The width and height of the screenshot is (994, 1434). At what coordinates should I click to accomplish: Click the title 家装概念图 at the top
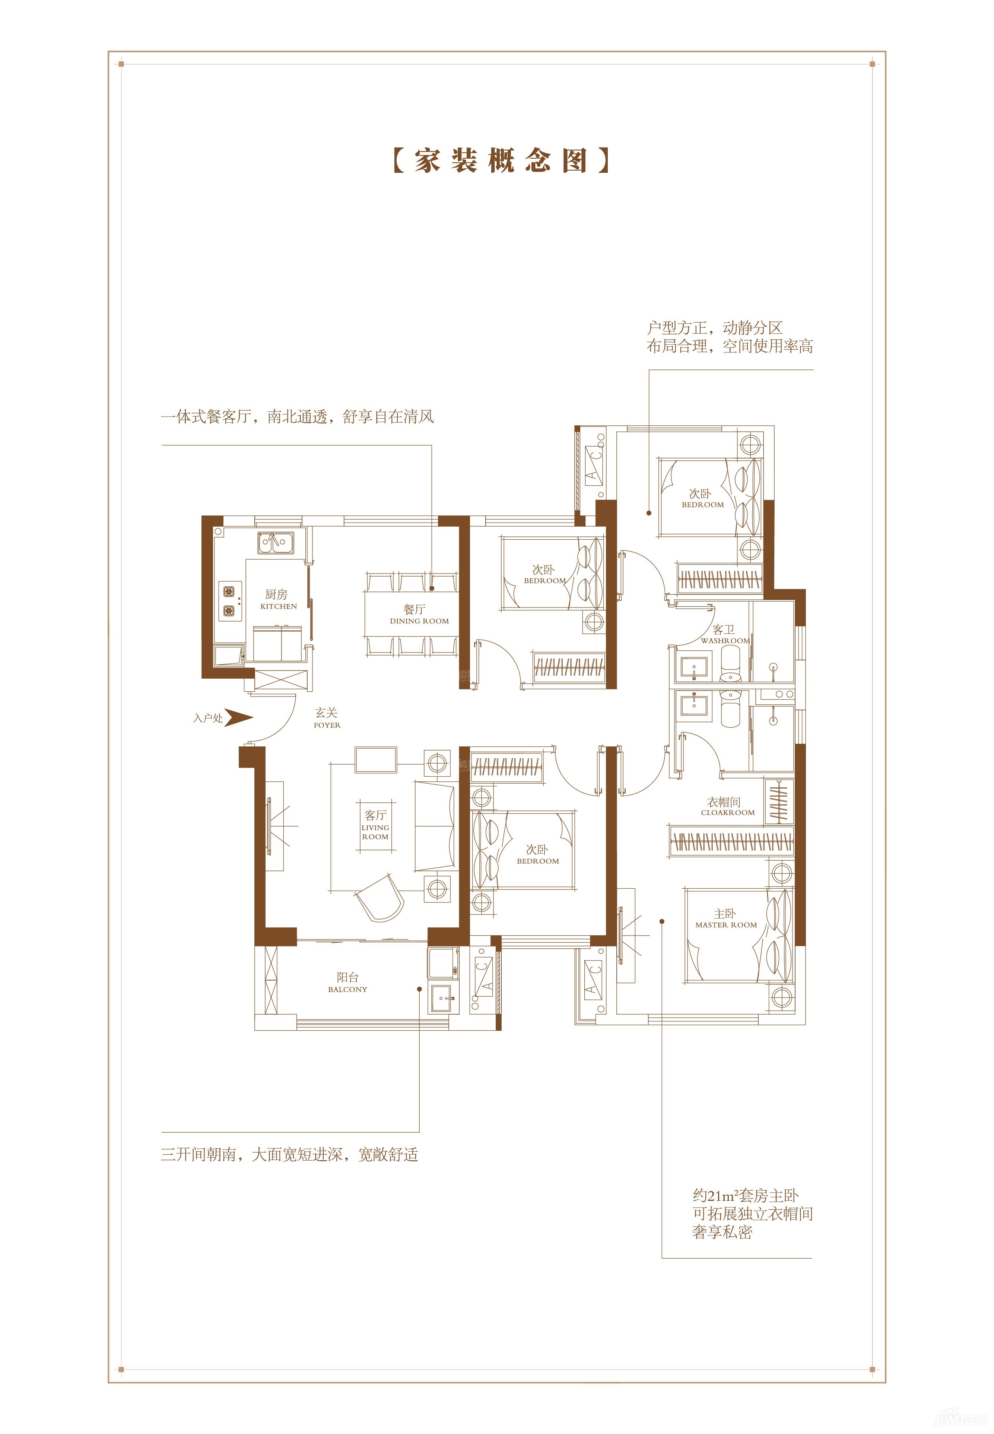coord(501,161)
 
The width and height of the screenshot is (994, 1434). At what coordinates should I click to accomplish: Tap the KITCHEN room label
coord(279,606)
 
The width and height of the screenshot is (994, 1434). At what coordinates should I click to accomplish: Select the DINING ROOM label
coord(419,621)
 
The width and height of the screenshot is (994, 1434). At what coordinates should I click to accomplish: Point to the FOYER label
coord(327,725)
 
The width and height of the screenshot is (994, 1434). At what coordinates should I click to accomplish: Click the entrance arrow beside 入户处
coord(238,718)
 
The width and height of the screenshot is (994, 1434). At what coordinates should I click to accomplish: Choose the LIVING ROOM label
coord(375,832)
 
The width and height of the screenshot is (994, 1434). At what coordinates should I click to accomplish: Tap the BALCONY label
coord(347,989)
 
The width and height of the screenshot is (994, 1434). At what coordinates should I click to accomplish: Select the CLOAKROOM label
coord(727,812)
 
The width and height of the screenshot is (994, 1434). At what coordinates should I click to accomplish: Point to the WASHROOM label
coord(725,640)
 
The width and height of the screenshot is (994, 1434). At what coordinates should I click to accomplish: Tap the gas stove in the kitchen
coord(230,601)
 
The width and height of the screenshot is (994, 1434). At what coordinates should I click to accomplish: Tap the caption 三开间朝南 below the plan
coord(290,1154)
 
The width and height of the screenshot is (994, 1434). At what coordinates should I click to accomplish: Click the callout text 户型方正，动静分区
coord(714,328)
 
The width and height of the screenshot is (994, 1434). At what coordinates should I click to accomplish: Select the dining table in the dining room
coord(412,613)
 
